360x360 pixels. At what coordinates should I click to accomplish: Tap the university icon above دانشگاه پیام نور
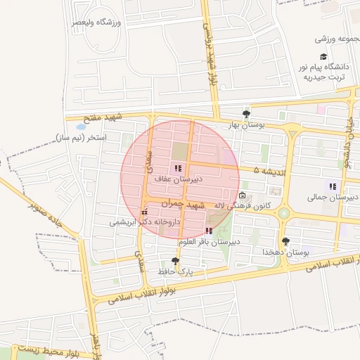coord(323,57)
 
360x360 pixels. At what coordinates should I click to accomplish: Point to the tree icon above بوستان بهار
coord(246,114)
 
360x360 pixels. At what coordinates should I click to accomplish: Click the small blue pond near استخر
coord(79,127)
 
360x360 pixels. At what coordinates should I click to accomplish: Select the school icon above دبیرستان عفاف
coord(178,169)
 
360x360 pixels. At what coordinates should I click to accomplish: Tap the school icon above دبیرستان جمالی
coord(333,186)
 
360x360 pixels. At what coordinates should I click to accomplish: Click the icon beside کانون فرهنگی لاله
coord(243,195)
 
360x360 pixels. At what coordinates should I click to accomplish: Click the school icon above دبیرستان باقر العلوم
coord(209,231)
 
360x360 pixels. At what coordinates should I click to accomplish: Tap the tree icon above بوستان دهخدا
coord(285,241)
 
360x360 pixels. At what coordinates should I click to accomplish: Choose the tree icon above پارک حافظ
coord(174,260)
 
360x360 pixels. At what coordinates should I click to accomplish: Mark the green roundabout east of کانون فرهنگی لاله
coord(284,212)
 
